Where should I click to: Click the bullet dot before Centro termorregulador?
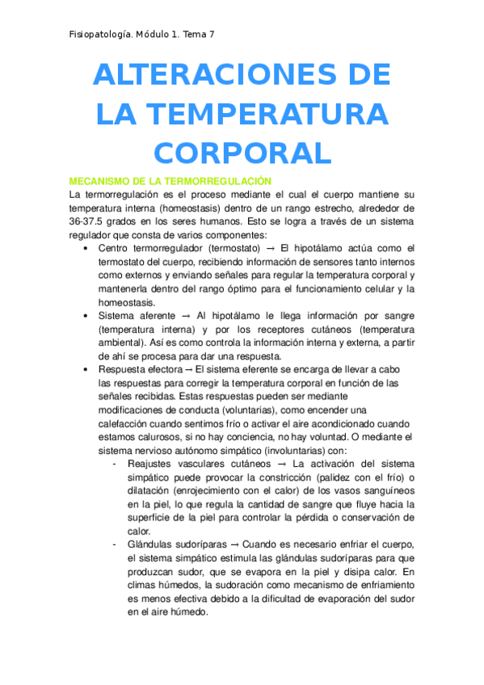click(x=86, y=248)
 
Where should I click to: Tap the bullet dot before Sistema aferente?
click(x=86, y=316)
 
